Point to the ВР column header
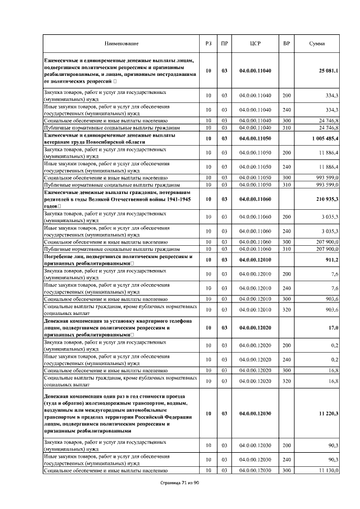[286, 44]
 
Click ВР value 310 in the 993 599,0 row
[286, 184]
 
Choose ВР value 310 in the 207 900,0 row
[286, 249]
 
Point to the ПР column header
[224, 44]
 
